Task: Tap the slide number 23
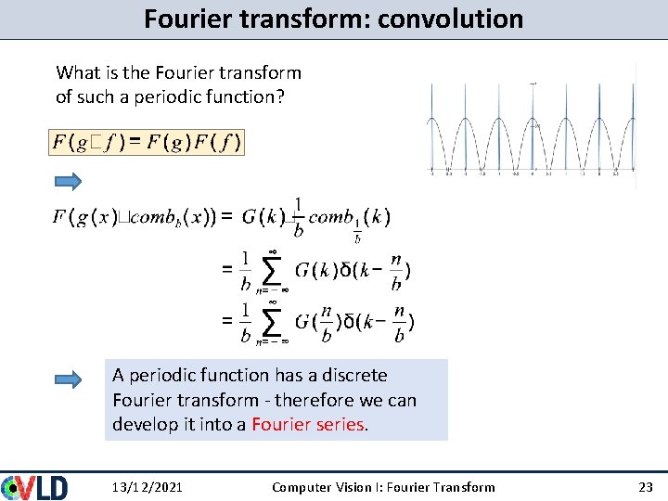point(646,487)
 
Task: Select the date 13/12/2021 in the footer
point(147,487)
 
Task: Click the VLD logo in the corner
point(35,486)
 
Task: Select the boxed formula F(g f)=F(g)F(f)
point(146,142)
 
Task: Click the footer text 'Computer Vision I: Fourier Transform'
point(383,487)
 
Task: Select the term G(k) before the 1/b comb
point(263,217)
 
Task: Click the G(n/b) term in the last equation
point(314,321)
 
